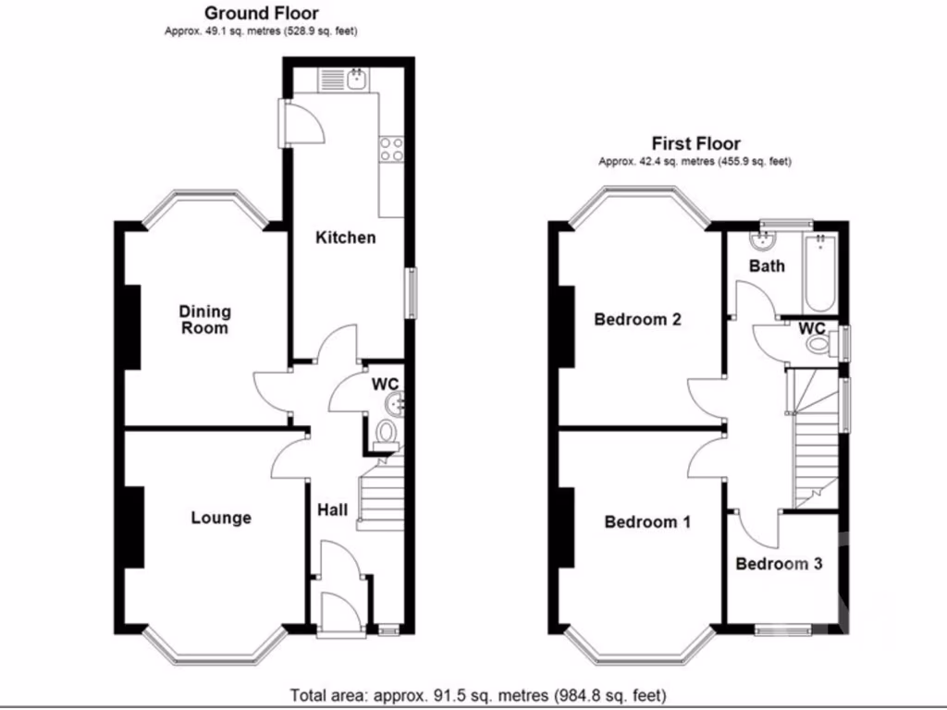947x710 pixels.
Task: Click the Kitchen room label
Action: pos(345,238)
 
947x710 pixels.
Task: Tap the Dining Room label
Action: pos(204,320)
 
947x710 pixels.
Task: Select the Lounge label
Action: pos(221,518)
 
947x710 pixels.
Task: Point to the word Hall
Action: pos(333,509)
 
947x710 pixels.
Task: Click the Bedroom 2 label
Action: pos(637,320)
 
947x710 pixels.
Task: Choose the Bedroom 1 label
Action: pos(646,522)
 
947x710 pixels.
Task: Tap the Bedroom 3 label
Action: pos(779,563)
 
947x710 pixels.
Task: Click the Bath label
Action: pos(767,266)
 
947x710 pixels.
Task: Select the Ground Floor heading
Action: pos(261,13)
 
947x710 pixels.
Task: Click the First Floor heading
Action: pos(695,143)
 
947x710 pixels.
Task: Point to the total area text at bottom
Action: pos(477,694)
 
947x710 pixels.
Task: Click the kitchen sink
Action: pos(356,80)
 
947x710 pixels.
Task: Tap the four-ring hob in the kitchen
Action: pos(391,149)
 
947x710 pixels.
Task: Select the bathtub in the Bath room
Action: pos(821,275)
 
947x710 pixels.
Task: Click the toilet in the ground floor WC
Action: pos(386,434)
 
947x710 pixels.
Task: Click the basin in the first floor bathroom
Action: pos(763,242)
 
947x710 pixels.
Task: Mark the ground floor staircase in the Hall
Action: pos(379,490)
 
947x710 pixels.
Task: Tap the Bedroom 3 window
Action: pos(782,630)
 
